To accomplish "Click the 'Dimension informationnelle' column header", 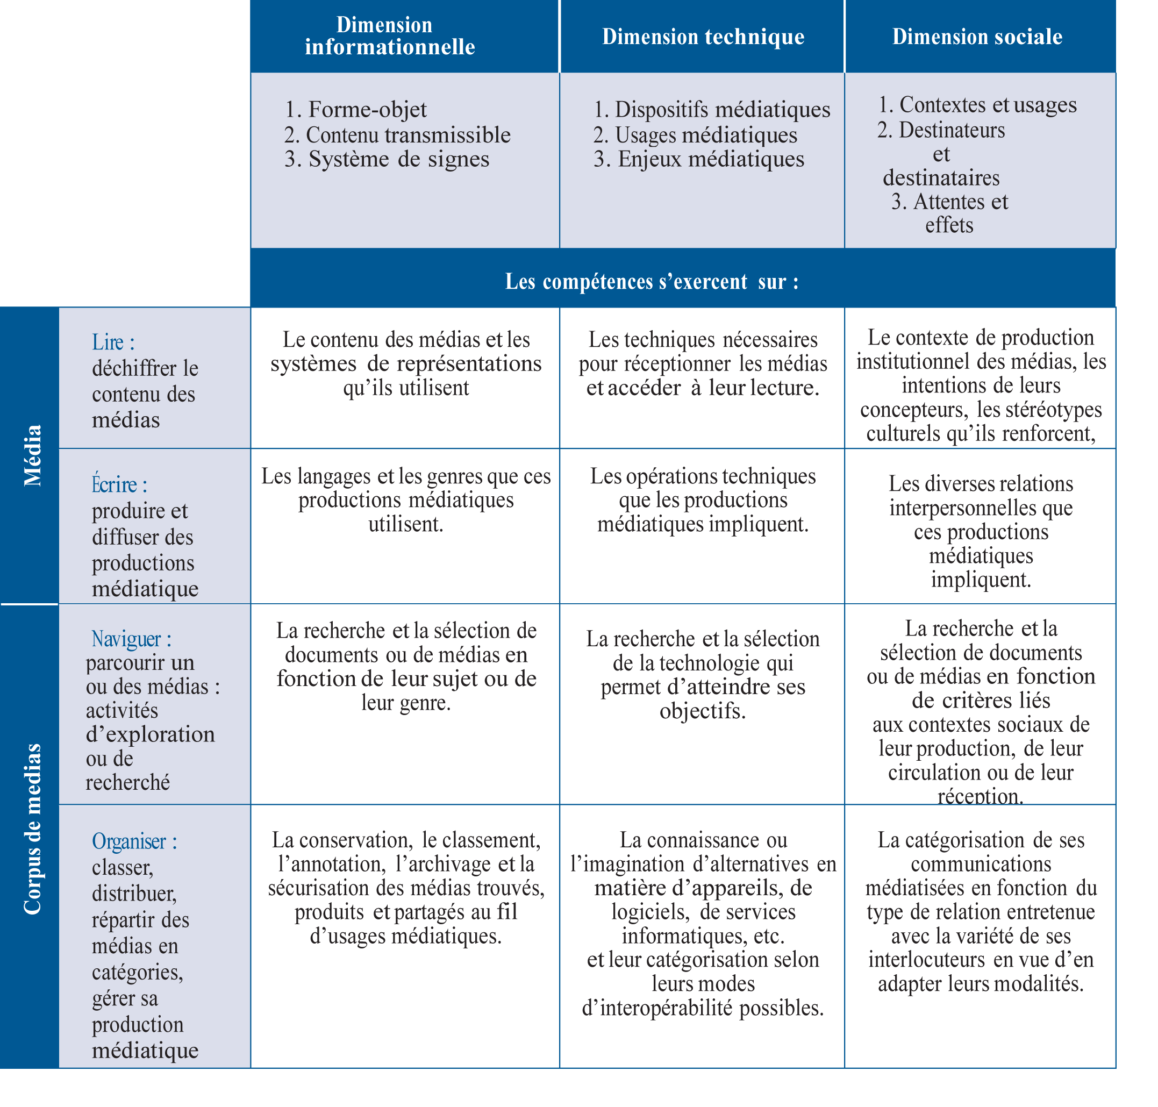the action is coord(389,35).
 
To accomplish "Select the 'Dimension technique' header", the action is coord(703,37).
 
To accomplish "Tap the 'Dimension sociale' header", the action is coord(977,37).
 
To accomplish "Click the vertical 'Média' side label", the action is coord(32,455).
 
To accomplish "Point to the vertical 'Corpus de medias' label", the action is coord(32,829).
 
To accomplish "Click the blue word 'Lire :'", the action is coord(113,342).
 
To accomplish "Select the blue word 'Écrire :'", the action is coord(119,484).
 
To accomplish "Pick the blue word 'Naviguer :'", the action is coord(131,639).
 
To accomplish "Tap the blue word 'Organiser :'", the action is coord(134,841).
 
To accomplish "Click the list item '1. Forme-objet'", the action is coord(356,109).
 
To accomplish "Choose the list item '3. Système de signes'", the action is coord(387,159).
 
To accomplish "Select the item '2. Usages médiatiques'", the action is coord(695,135).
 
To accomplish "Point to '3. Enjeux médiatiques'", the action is coord(698,159).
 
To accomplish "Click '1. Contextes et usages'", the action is coord(977,104).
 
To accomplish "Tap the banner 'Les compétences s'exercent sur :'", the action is coord(652,282).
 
